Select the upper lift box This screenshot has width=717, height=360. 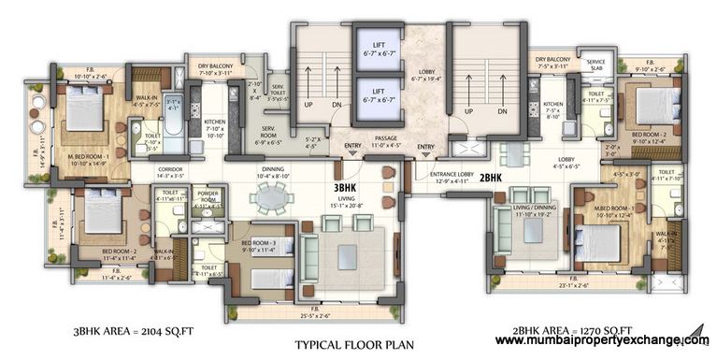tap(375, 52)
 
